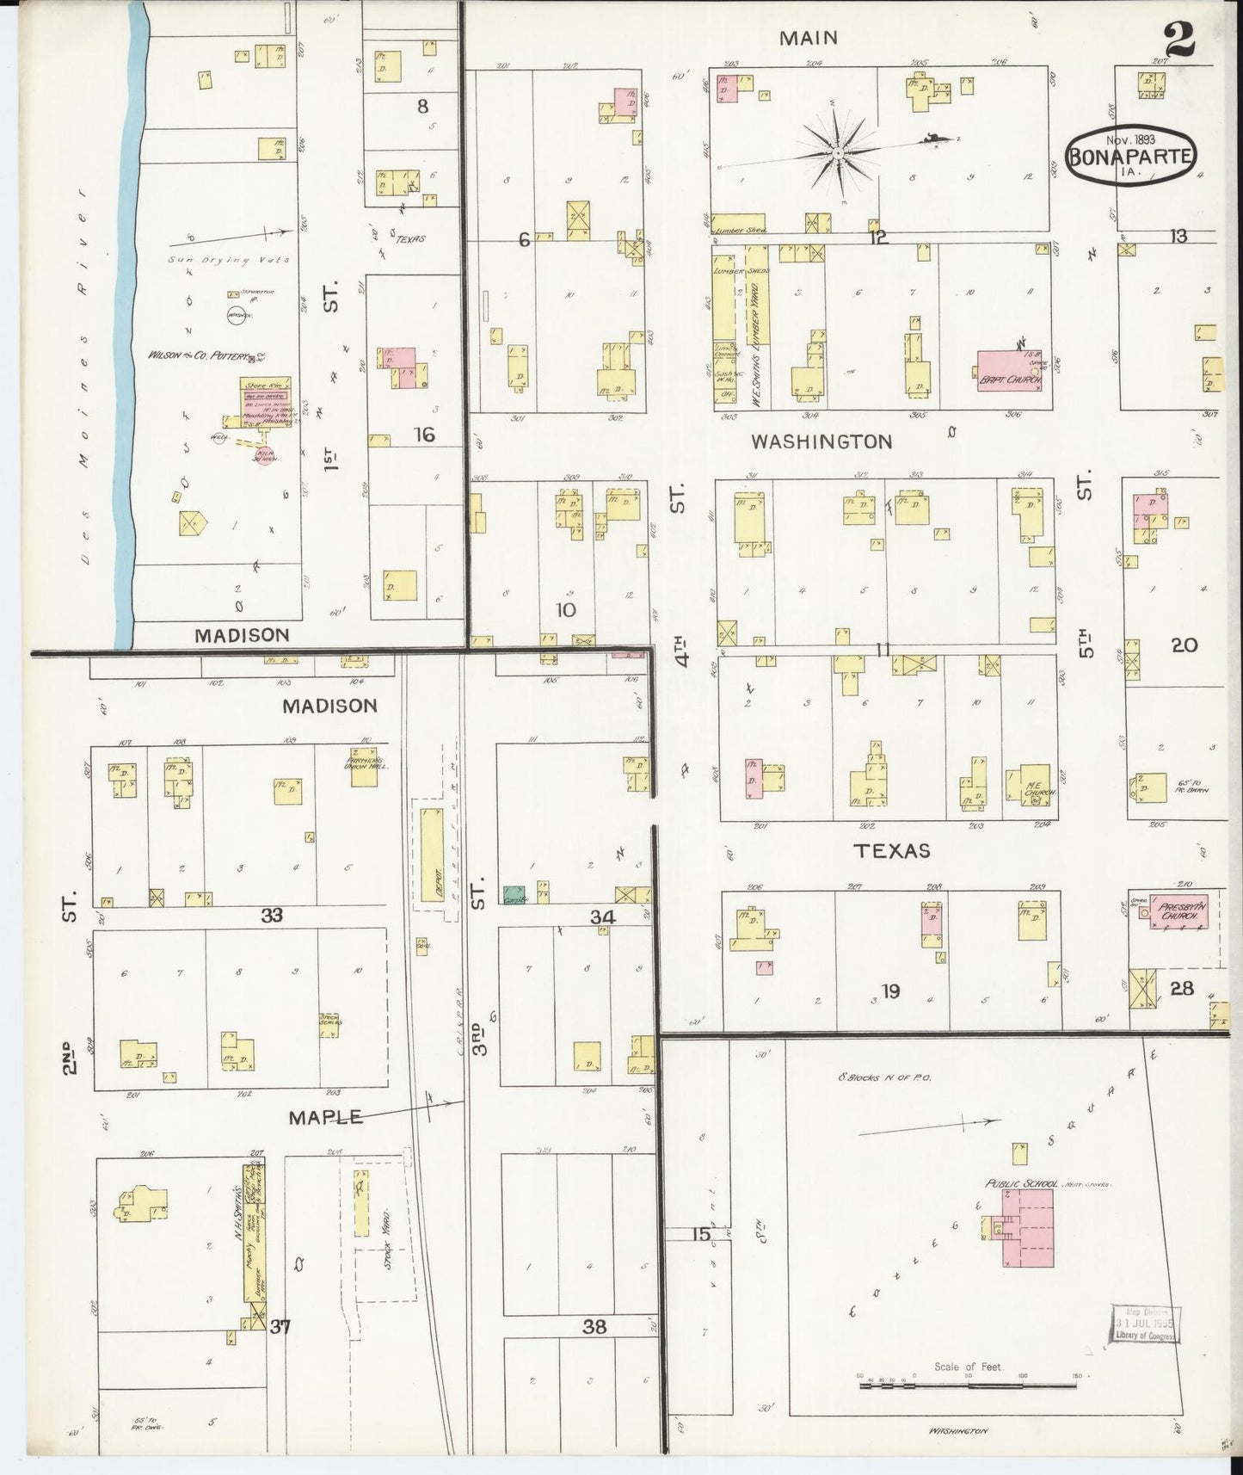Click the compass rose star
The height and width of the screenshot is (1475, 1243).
(836, 153)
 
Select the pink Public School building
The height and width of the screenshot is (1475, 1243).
(1028, 1228)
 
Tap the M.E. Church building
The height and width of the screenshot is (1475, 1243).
(1034, 786)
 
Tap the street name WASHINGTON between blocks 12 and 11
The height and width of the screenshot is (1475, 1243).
(821, 441)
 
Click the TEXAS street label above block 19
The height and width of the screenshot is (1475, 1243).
(891, 850)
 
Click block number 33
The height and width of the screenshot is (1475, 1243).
(272, 916)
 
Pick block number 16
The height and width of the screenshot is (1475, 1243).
(424, 435)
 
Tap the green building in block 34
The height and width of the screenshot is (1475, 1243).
(514, 895)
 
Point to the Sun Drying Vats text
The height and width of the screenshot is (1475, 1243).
(229, 260)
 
